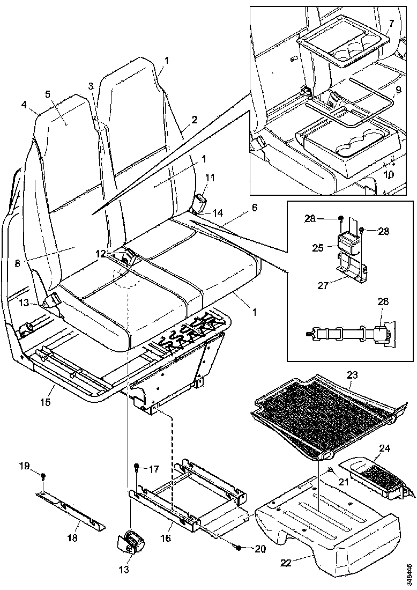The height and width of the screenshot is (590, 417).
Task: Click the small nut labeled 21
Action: pos(330,470)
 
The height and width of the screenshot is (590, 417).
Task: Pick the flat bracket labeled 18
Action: pos(70,510)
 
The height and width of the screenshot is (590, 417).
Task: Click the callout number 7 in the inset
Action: pos(391,24)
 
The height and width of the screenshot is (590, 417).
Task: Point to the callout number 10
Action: pos(390,175)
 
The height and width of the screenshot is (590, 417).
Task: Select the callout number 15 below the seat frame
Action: pos(46,401)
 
